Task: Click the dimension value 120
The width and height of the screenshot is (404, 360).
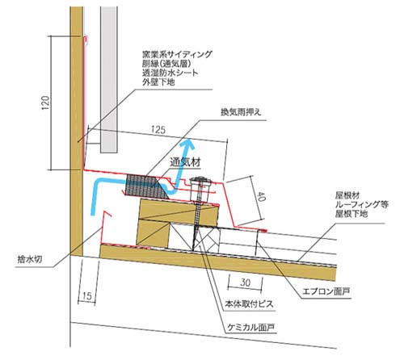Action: point(45,103)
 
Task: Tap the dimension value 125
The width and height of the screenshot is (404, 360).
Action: point(158,130)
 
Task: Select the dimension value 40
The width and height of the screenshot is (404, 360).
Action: point(261,197)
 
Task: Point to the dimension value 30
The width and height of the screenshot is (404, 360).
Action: point(245,283)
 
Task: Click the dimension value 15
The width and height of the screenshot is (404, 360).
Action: point(86,296)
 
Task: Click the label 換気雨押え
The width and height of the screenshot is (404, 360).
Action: point(241,112)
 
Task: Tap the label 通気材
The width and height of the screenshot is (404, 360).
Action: point(185,162)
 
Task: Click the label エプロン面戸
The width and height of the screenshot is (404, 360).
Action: point(326,291)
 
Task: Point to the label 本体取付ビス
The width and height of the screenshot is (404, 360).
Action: point(249,304)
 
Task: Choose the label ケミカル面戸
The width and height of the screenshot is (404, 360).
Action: point(251,327)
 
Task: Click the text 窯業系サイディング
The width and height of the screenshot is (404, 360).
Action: point(177,55)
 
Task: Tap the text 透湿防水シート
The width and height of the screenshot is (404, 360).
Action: point(170,73)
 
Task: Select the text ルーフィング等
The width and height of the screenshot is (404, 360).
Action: point(362,204)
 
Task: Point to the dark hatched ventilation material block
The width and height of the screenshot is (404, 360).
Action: point(145,187)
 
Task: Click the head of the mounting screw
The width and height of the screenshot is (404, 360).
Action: point(200,179)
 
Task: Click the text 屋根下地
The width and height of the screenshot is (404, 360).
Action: point(351,214)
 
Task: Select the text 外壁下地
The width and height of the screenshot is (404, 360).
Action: point(158,82)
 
